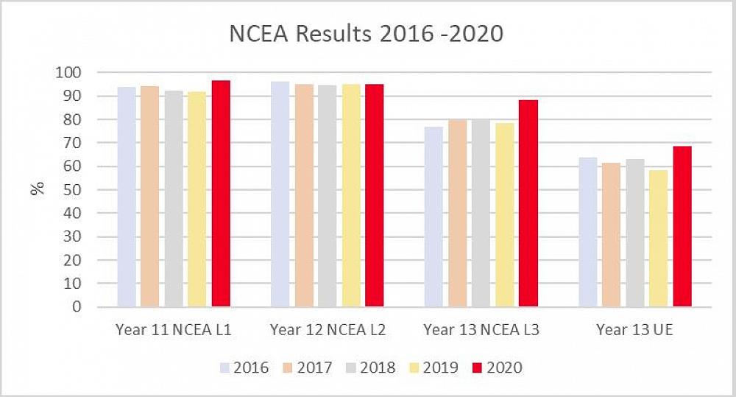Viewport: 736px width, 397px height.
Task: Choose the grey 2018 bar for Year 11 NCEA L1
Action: pyautogui.click(x=174, y=199)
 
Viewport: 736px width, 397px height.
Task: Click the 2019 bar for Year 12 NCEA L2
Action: pyautogui.click(x=350, y=195)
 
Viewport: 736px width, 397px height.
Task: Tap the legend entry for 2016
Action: pyautogui.click(x=244, y=367)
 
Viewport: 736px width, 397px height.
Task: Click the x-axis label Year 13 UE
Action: pyautogui.click(x=634, y=330)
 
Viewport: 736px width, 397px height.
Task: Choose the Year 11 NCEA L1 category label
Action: pyautogui.click(x=174, y=330)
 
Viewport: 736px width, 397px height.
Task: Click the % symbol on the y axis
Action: pyautogui.click(x=37, y=189)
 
